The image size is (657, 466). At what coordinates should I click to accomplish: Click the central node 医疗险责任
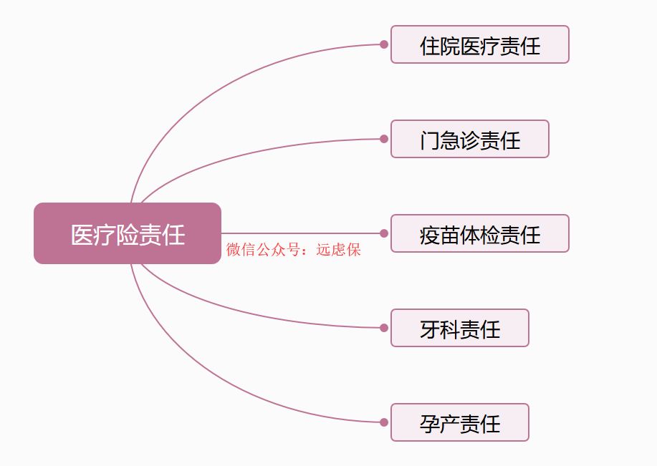(x=128, y=233)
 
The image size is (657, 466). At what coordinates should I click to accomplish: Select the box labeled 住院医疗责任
(x=479, y=44)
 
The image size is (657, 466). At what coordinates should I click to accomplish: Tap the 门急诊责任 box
(x=469, y=139)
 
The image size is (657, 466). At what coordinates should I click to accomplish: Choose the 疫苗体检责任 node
(x=479, y=233)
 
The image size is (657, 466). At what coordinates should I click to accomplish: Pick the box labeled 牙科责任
(x=459, y=328)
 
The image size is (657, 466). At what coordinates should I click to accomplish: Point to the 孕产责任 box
(x=459, y=422)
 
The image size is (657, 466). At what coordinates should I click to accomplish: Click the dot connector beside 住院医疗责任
(x=384, y=44)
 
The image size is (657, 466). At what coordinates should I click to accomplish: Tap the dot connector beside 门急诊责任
(x=384, y=139)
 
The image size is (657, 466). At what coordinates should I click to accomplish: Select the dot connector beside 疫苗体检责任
(x=384, y=233)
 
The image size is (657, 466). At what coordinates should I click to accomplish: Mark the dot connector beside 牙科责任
(x=384, y=328)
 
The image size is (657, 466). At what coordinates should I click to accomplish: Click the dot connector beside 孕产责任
(x=384, y=422)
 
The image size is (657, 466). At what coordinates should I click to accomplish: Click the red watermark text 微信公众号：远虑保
(x=294, y=250)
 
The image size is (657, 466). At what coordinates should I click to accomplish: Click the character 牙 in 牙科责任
(x=430, y=329)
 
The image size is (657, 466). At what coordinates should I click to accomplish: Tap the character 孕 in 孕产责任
(x=430, y=423)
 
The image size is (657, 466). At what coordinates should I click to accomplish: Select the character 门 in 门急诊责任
(x=430, y=140)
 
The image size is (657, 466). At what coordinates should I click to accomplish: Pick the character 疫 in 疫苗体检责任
(x=430, y=234)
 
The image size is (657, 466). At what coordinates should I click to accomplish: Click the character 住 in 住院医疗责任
(x=430, y=46)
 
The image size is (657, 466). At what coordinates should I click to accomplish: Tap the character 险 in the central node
(x=128, y=235)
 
